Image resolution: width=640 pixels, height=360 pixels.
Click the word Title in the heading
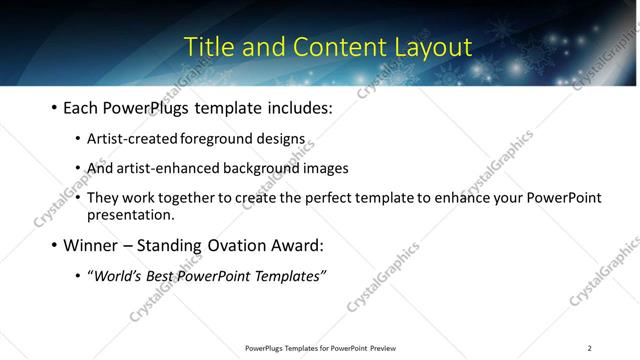[x=212, y=46]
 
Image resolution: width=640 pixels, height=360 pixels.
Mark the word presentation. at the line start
[x=131, y=214]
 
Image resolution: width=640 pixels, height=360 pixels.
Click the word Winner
[x=93, y=245]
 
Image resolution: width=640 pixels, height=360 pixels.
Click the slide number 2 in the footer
[x=589, y=348]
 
